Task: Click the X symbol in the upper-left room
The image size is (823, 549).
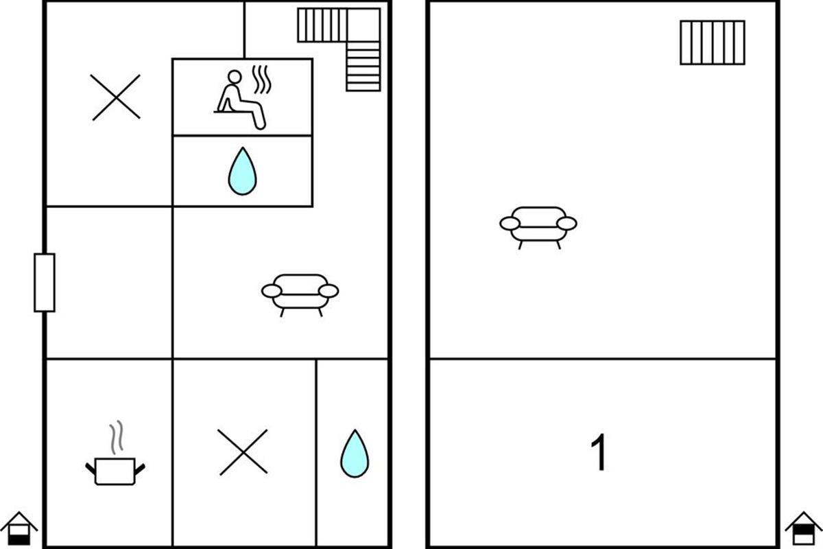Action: pos(116,97)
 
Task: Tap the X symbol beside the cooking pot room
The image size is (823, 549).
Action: pos(243,452)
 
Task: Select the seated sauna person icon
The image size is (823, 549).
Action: pos(240,100)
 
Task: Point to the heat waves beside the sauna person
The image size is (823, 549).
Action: pos(262,80)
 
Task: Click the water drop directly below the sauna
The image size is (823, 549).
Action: pos(243,172)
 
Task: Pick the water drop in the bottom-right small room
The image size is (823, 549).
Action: pos(355,454)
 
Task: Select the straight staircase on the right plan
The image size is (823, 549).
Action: pos(713,43)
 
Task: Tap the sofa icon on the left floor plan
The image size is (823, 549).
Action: pos(300,295)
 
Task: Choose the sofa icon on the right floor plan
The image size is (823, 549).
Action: pos(538,228)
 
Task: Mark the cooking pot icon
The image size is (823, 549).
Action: pos(115,471)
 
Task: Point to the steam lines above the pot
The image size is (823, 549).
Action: pos(117,437)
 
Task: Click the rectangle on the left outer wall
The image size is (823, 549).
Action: pos(45,283)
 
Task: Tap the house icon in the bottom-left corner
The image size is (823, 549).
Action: pos(19,528)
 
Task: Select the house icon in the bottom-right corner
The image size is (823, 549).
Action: pos(804,528)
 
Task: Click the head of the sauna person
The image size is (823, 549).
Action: pos(235,77)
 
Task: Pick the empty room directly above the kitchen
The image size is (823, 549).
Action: pos(109,283)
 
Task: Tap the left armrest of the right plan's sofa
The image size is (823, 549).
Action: pos(510,224)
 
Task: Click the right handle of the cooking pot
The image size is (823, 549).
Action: pos(140,469)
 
